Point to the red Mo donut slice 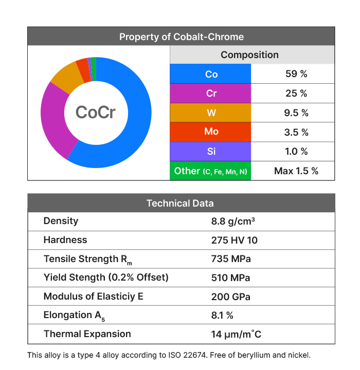click(82, 66)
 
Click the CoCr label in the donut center click(96, 112)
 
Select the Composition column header click(249, 55)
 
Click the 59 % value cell click(296, 74)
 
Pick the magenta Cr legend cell click(211, 94)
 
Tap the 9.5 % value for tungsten click(296, 113)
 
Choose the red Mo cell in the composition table click(211, 132)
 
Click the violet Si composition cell click(211, 152)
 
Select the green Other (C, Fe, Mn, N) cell click(211, 171)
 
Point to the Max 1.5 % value click(296, 171)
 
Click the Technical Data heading click(180, 203)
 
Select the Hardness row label click(65, 240)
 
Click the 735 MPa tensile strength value click(231, 259)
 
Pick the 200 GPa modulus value click(230, 297)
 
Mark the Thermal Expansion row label click(87, 334)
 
